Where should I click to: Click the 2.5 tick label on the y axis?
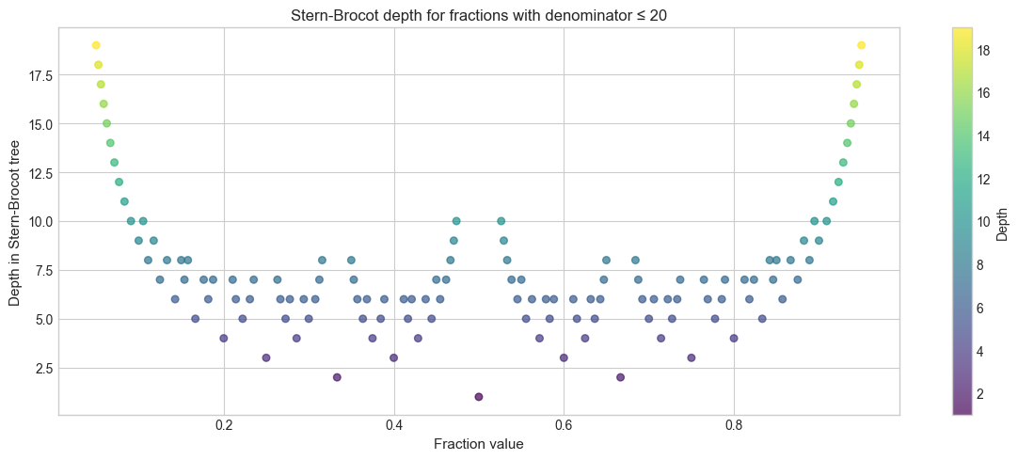[37, 368]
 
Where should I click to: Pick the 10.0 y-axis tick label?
[34, 221]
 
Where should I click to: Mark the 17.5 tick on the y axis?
[34, 75]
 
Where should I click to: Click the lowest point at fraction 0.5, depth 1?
[479, 397]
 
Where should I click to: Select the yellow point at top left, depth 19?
[96, 45]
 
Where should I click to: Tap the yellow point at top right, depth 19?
[862, 45]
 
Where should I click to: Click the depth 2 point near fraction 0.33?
[337, 377]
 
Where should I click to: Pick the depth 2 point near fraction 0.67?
[620, 377]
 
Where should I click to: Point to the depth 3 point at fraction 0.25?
[266, 357]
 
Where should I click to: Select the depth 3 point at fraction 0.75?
[692, 357]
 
